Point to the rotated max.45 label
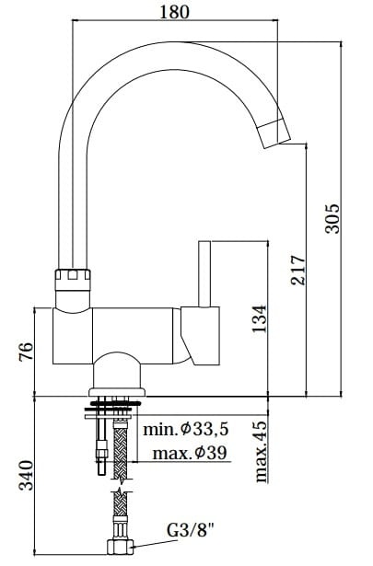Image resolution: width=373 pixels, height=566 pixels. click(x=261, y=450)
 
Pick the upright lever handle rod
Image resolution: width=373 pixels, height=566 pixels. click(x=206, y=271)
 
